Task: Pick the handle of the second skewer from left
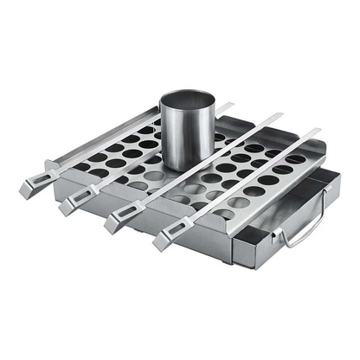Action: pos(75,203)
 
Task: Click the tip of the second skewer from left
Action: pos(232,106)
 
